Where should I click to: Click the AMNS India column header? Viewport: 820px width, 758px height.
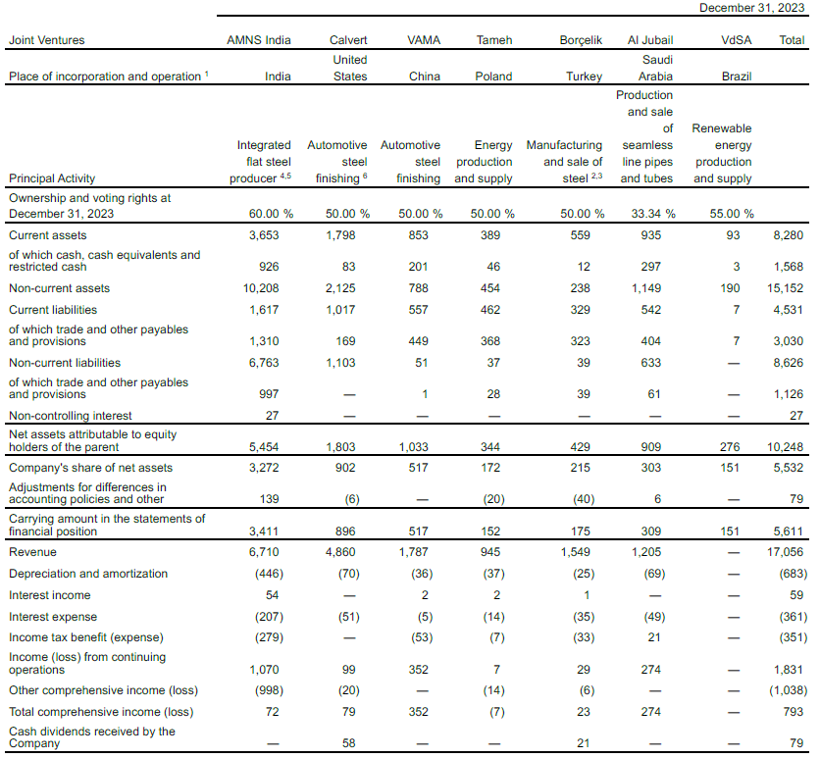pos(258,40)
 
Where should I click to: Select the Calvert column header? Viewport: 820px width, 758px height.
pos(349,40)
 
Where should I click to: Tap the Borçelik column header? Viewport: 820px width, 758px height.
pos(580,40)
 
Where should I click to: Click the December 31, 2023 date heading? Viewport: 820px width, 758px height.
pos(752,8)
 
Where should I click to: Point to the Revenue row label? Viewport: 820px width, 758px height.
pos(32,552)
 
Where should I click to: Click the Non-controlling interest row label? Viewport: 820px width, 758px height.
pos(71,416)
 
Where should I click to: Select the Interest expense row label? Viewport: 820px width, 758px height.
pos(53,617)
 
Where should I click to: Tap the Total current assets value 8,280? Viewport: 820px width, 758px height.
pos(788,235)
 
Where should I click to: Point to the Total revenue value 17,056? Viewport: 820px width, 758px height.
pos(784,552)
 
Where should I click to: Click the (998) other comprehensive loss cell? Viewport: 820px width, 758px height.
pos(275,690)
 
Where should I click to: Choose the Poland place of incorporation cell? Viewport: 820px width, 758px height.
pos(492,76)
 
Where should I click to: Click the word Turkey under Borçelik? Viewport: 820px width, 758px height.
pos(584,76)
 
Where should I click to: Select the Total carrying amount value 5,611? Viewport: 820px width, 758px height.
pos(788,531)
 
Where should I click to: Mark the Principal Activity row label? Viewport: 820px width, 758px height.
pos(52,178)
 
